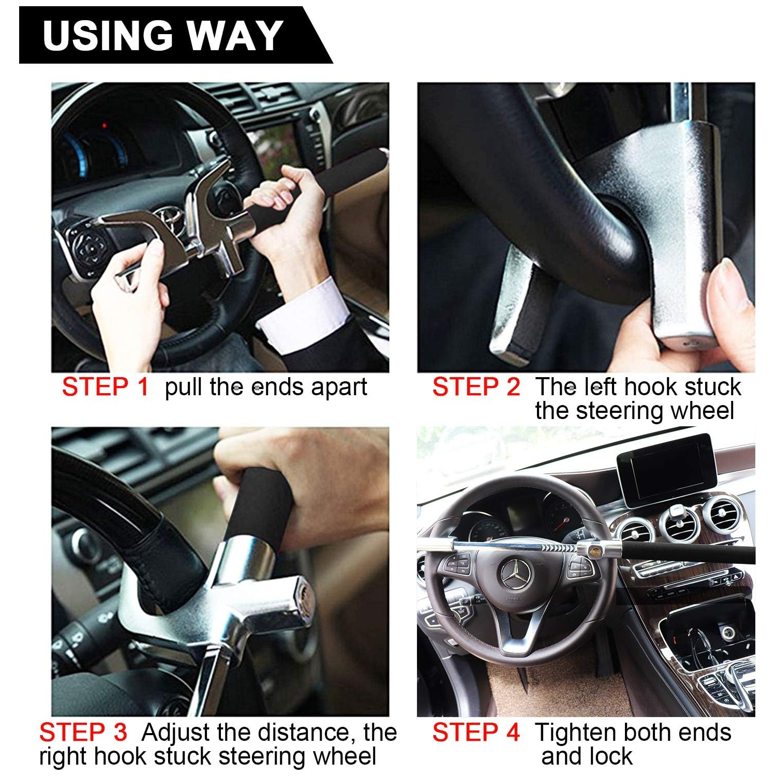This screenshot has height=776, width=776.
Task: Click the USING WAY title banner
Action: coord(163,35)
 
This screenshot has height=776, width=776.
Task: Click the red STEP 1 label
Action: coord(105,387)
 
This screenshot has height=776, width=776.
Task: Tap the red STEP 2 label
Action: coord(476,387)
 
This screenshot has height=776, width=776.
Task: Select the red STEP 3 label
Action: coord(83,733)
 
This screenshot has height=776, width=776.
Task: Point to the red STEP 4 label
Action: coord(476,733)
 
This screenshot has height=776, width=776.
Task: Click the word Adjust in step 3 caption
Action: coord(176,733)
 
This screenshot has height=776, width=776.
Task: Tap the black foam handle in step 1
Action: coord(331,178)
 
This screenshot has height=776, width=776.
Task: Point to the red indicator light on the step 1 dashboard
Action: coord(105,126)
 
